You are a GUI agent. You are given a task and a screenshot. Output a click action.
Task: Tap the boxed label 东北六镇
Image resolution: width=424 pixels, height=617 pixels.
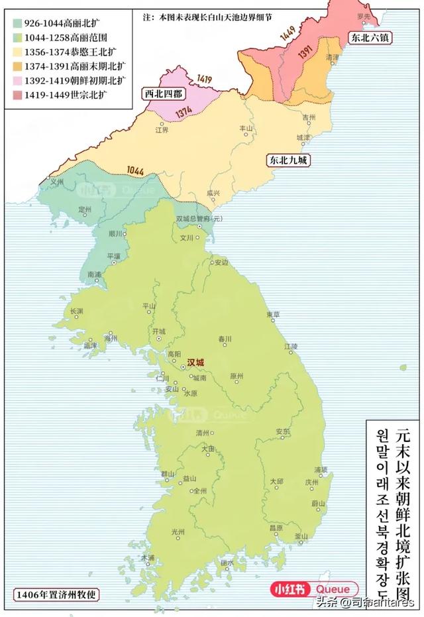(x=370, y=38)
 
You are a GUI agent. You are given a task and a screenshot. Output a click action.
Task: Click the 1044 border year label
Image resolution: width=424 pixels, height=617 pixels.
(x=135, y=170)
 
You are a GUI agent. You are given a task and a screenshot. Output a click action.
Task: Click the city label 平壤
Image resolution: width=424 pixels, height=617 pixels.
(x=114, y=256)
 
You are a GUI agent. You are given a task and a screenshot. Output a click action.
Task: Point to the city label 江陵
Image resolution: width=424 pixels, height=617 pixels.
(x=291, y=346)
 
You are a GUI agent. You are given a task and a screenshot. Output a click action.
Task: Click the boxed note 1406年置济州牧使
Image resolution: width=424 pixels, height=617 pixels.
(x=56, y=594)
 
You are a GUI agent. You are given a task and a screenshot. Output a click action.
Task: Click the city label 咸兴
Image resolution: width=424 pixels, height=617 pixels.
(x=213, y=194)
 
